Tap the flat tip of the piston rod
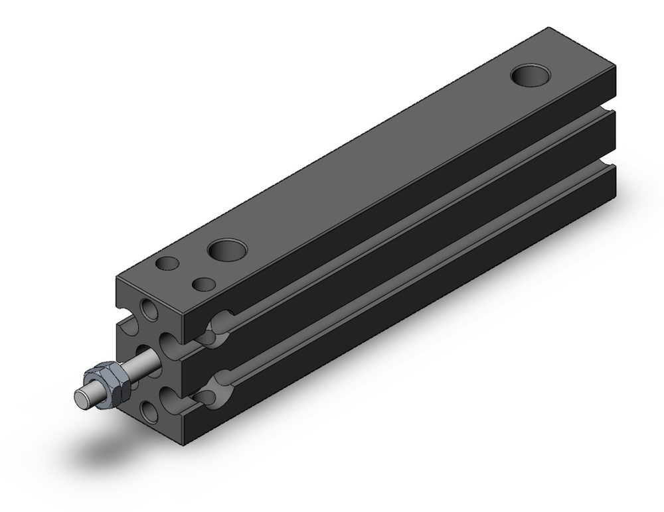(x=81, y=396)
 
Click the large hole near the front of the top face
(x=226, y=250)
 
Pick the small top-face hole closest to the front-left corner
(x=168, y=263)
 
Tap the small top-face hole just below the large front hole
(x=203, y=285)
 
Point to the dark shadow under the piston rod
(x=100, y=451)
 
